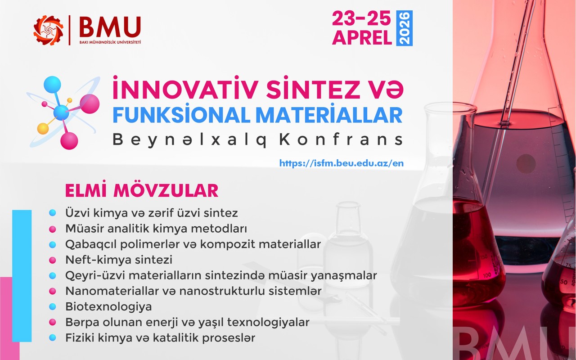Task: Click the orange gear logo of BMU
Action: (48, 30)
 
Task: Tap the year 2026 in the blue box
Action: (405, 28)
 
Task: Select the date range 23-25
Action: (361, 18)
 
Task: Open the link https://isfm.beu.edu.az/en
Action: (342, 163)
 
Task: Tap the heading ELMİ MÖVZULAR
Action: (142, 190)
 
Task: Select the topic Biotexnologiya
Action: (108, 306)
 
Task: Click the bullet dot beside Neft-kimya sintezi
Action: (53, 260)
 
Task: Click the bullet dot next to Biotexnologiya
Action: (53, 306)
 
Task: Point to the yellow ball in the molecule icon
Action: (43, 128)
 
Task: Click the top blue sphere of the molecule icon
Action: (52, 85)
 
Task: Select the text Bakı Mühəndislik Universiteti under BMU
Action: (110, 42)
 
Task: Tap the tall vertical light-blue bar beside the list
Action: (22, 276)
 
